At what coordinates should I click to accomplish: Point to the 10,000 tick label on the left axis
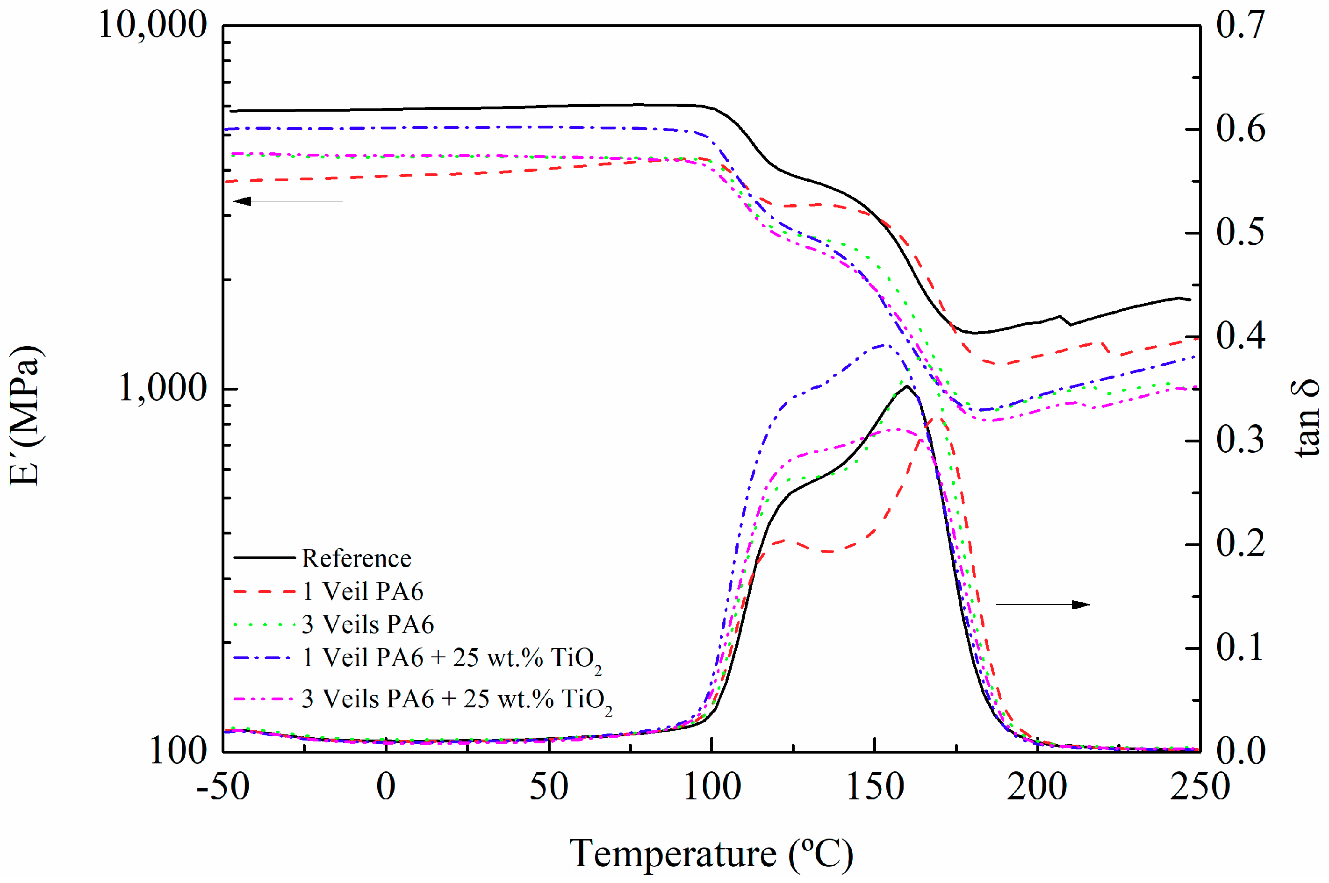[x=152, y=25]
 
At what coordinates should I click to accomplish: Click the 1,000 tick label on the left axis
[x=162, y=389]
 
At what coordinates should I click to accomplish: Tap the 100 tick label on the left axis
[x=178, y=751]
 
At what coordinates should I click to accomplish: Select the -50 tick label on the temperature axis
[x=223, y=787]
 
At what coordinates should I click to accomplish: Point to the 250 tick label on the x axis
[x=1200, y=787]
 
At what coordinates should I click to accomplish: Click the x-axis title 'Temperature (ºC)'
[x=711, y=855]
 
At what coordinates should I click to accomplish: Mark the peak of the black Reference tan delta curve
[x=906, y=386]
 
